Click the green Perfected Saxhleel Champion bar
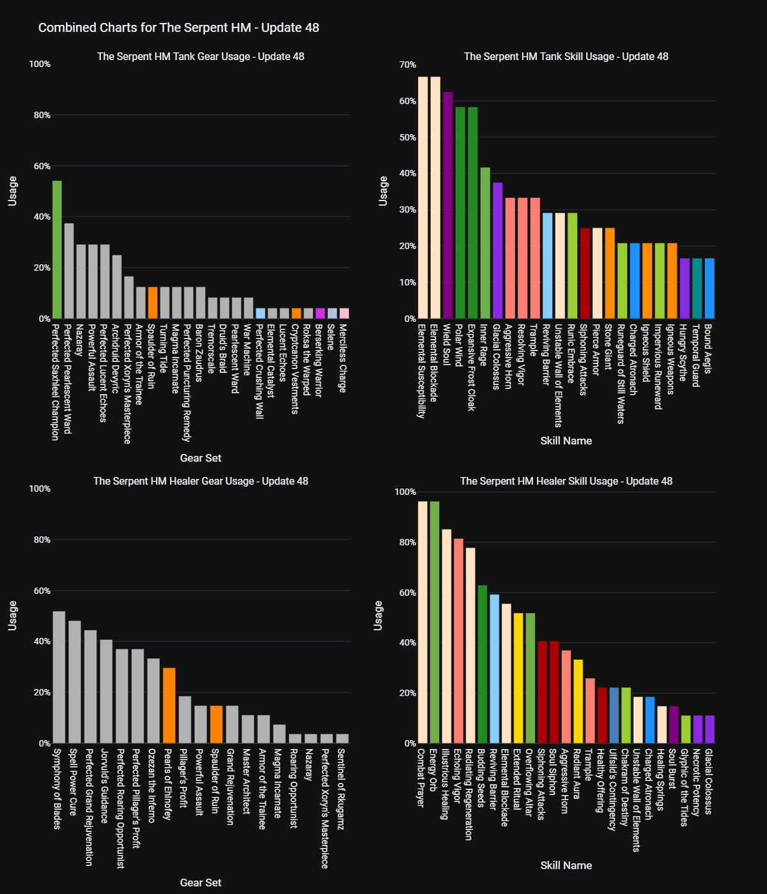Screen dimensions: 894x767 pyautogui.click(x=57, y=250)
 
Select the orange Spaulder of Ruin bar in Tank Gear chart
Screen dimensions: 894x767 pyautogui.click(x=153, y=303)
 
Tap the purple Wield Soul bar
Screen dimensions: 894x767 pyautogui.click(x=447, y=205)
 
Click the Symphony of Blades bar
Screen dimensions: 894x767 pyautogui.click(x=59, y=678)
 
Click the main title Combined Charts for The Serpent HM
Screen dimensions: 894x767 pyautogui.click(x=178, y=27)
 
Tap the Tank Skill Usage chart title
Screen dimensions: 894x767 pyautogui.click(x=566, y=56)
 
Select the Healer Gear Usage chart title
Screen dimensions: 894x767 pyautogui.click(x=201, y=481)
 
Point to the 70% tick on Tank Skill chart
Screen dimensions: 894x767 pyautogui.click(x=408, y=64)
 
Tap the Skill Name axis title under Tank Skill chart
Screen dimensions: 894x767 pyautogui.click(x=566, y=441)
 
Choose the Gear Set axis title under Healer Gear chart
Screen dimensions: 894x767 pyautogui.click(x=201, y=883)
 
